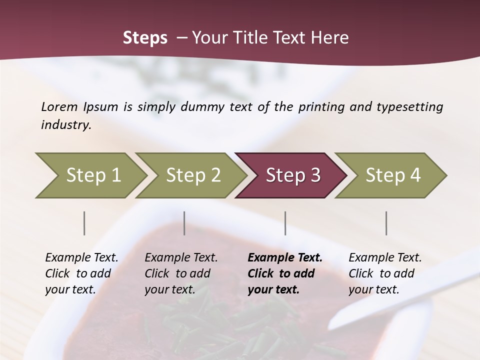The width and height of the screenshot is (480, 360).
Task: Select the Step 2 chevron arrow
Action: coord(192,175)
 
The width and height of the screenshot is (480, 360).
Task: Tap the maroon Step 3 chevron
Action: coord(292,175)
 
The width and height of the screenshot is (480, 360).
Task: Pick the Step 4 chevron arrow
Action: coord(392,175)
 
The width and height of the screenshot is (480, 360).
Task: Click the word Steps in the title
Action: coord(145,38)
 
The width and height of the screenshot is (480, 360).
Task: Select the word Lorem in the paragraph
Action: coord(59,106)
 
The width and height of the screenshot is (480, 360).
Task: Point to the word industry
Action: coord(66,124)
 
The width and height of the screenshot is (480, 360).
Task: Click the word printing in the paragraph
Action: coord(320,107)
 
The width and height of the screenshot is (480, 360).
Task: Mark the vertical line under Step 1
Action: coord(84,223)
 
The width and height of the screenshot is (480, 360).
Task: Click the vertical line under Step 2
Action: coord(184,223)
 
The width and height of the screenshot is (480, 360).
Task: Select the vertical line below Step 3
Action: coord(285,223)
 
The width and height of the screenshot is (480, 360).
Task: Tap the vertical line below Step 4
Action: coord(386,223)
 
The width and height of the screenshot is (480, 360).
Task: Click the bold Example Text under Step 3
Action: coord(285,258)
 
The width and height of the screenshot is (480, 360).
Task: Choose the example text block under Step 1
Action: coord(81,273)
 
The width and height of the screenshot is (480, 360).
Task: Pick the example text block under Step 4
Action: coord(384,273)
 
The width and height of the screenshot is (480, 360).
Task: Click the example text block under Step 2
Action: coord(180,273)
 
